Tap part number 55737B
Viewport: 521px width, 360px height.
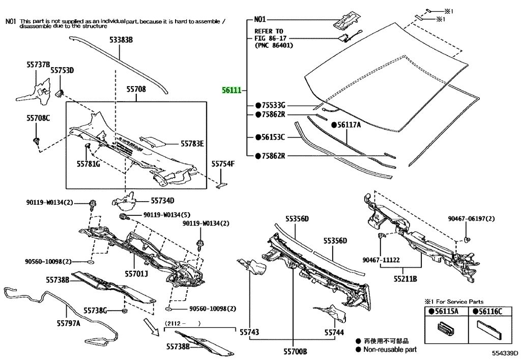(38, 65)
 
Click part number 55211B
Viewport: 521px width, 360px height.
(405, 279)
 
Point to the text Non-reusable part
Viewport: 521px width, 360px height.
(389, 349)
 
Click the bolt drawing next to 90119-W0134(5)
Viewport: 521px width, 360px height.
(123, 217)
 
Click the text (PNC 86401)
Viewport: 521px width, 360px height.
(273, 45)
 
